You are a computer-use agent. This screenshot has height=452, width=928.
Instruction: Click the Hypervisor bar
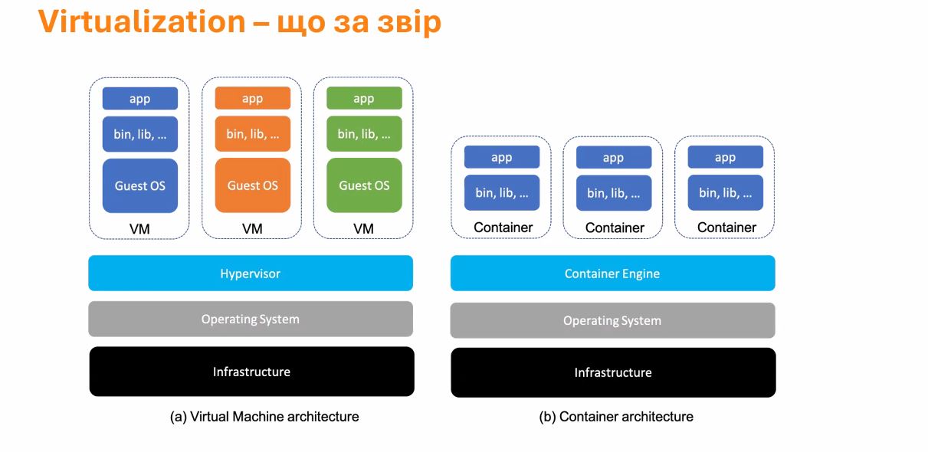coord(251,273)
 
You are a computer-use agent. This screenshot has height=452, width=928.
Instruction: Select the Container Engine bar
coord(612,273)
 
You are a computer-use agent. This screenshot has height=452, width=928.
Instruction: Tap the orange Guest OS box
coord(252,185)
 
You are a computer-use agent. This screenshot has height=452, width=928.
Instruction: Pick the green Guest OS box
coord(364,185)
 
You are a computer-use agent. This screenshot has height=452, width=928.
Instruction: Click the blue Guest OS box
coord(140,185)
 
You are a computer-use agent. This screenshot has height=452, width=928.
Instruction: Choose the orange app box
coord(252,98)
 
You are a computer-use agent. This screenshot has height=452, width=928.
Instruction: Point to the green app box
coord(364,98)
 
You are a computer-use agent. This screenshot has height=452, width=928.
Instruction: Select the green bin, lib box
coord(364,133)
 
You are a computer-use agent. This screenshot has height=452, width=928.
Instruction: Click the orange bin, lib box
coord(252,133)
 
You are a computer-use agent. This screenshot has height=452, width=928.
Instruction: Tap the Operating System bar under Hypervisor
coord(251,319)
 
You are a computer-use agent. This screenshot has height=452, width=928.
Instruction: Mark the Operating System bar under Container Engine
coord(612,320)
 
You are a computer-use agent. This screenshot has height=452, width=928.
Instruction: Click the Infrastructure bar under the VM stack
coord(251,372)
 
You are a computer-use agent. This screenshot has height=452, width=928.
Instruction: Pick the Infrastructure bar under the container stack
coord(613,372)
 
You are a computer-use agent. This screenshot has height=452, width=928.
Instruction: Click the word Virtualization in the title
coord(142,21)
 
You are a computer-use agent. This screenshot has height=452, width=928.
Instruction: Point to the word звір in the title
coord(409,23)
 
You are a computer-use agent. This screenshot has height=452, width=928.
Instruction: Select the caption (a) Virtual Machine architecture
coord(264,416)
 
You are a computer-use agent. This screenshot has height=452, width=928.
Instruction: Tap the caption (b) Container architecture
coord(616,416)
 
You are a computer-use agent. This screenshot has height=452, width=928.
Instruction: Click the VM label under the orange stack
coord(252,229)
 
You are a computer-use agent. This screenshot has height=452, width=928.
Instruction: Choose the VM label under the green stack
coord(364,229)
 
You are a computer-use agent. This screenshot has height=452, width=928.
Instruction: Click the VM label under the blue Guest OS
coord(139,229)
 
